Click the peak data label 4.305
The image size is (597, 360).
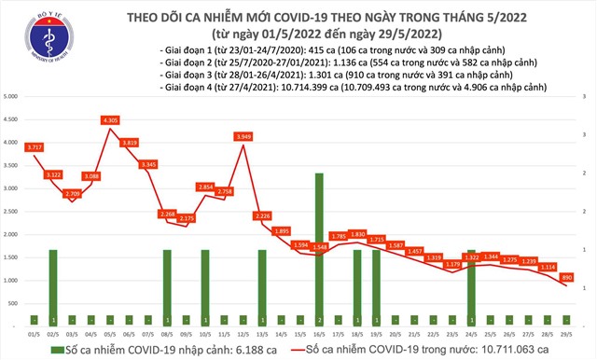click(x=111, y=119)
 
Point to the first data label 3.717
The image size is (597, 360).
click(x=35, y=147)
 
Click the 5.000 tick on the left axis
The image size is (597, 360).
click(x=12, y=97)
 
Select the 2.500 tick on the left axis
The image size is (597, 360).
click(x=12, y=212)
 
